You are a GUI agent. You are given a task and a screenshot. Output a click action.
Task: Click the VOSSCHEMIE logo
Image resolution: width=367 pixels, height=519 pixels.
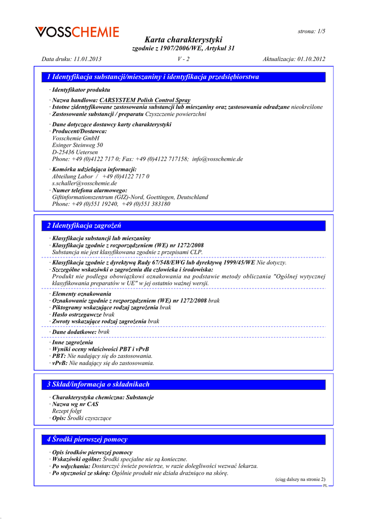point(77,32)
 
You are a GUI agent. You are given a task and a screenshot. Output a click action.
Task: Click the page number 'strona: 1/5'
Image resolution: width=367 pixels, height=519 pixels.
point(311,31)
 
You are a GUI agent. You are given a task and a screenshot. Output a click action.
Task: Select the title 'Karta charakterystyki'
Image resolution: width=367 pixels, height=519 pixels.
point(183,40)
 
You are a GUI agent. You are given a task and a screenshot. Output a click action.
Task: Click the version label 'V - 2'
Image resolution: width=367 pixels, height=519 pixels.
point(183,59)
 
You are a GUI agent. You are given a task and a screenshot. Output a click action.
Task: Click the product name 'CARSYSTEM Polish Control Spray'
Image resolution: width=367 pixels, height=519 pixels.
point(145,100)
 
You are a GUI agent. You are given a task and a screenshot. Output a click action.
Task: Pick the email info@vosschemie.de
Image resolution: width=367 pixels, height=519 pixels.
point(217,159)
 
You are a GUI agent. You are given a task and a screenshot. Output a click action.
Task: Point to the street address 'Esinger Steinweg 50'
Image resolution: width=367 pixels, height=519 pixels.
point(78,144)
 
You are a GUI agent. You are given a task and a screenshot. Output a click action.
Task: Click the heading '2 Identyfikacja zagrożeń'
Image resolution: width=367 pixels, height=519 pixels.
point(84,226)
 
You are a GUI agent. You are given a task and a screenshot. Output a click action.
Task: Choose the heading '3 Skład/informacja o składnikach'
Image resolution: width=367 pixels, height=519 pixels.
point(98,385)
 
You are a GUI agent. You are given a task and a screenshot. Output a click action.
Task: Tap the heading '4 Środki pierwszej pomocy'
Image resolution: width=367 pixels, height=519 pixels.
point(87,439)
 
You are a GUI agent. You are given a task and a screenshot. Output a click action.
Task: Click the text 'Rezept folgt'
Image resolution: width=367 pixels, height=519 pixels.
point(67,411)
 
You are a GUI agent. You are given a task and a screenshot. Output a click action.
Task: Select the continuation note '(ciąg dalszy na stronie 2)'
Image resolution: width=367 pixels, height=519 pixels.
point(300,479)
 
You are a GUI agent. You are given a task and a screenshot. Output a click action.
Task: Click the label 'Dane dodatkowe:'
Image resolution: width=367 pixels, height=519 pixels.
point(74,331)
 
